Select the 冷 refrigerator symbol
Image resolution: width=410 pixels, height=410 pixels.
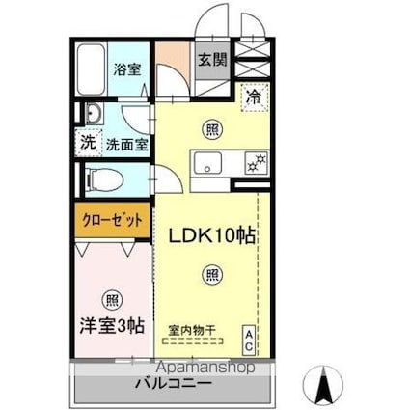(254, 96)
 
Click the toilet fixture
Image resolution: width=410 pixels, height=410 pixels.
(97, 178)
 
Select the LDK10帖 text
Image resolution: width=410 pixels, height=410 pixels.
(213, 235)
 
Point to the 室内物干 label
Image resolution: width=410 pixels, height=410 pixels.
(192, 330)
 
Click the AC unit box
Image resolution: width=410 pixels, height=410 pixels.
(248, 339)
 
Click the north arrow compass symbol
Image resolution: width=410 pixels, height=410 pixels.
(325, 385)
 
